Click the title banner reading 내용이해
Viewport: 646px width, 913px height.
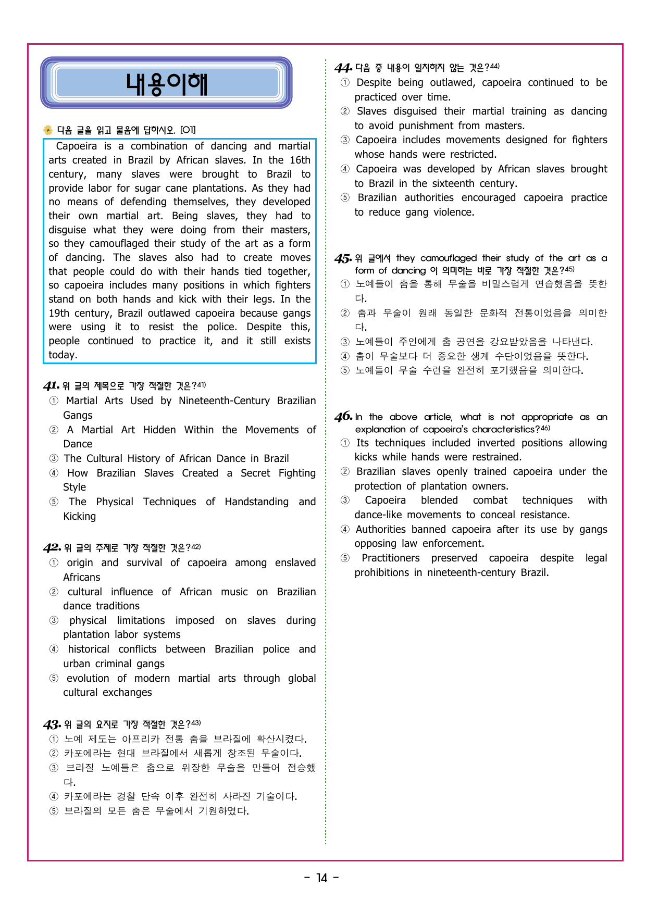click(x=166, y=83)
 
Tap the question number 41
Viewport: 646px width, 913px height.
click(x=51, y=386)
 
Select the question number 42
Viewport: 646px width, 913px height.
click(x=52, y=548)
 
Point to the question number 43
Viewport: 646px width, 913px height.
click(x=52, y=724)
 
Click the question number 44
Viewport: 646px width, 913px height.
click(x=343, y=68)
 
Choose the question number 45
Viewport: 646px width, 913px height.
click(x=343, y=258)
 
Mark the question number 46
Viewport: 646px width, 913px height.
click(x=343, y=417)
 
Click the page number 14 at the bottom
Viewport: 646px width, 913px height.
click(x=322, y=878)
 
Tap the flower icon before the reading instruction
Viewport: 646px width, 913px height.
click(x=48, y=130)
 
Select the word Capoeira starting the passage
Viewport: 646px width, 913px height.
click(x=77, y=146)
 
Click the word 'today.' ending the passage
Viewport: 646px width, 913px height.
click(x=63, y=355)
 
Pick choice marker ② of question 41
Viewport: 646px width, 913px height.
click(x=54, y=430)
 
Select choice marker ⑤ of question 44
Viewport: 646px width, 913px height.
click(x=345, y=198)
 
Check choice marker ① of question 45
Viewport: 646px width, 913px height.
click(x=345, y=284)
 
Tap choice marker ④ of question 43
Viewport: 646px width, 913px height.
click(x=54, y=796)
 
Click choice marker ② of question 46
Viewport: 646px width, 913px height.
click(x=345, y=472)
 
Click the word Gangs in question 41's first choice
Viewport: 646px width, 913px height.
click(x=78, y=416)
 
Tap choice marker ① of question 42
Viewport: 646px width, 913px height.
click(x=54, y=563)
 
